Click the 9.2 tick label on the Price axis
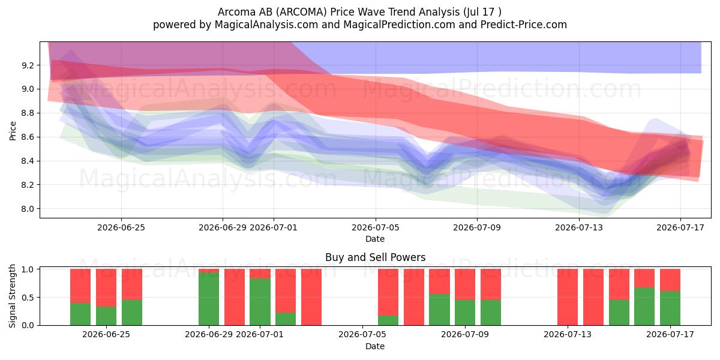[28, 65]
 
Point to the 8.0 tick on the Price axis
[28, 209]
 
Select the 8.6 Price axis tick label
[28, 137]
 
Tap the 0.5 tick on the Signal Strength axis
[29, 298]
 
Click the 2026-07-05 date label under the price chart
[376, 227]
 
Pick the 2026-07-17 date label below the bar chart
[670, 335]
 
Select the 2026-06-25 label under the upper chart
[121, 227]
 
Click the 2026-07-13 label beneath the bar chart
[568, 335]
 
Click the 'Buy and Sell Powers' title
[376, 257]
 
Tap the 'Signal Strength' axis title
[12, 296]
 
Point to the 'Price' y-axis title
[13, 131]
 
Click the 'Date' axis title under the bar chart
[375, 347]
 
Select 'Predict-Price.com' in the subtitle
[524, 25]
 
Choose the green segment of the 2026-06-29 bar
[209, 299]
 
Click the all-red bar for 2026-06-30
[235, 297]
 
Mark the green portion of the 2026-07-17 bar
[670, 308]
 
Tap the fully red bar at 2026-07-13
[568, 297]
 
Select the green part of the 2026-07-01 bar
[260, 302]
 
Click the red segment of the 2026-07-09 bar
[491, 284]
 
